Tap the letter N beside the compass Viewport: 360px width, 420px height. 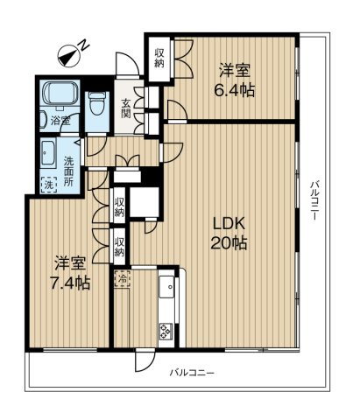(x=82, y=43)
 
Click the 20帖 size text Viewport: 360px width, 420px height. (x=228, y=244)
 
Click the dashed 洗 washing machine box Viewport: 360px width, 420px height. (x=48, y=184)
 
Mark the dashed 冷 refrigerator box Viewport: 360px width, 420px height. (x=123, y=281)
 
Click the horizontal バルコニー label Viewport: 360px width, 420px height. (x=191, y=374)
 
